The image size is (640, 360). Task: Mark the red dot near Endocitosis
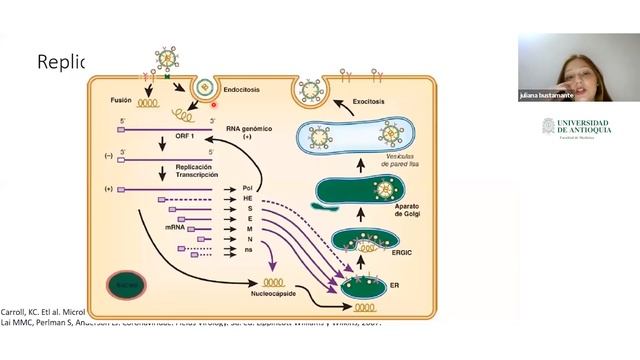point(215,102)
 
